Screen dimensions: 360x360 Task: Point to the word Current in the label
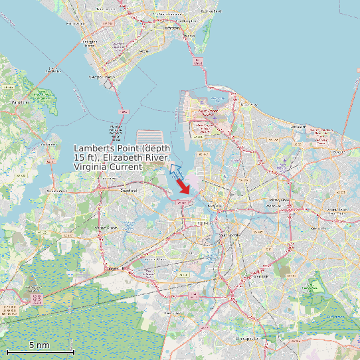tap(126, 167)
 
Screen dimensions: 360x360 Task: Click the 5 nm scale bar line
tap(40, 351)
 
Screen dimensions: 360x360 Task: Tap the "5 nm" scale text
tap(39, 345)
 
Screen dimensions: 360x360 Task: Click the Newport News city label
tap(102, 77)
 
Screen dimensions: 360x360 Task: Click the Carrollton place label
tap(21, 102)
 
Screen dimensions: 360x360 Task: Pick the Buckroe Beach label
tap(211, 11)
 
